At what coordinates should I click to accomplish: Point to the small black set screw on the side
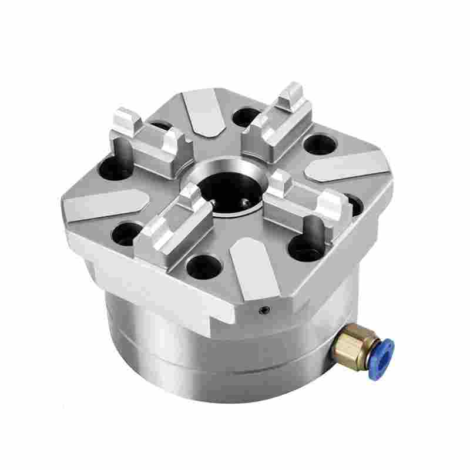point(265,310)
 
